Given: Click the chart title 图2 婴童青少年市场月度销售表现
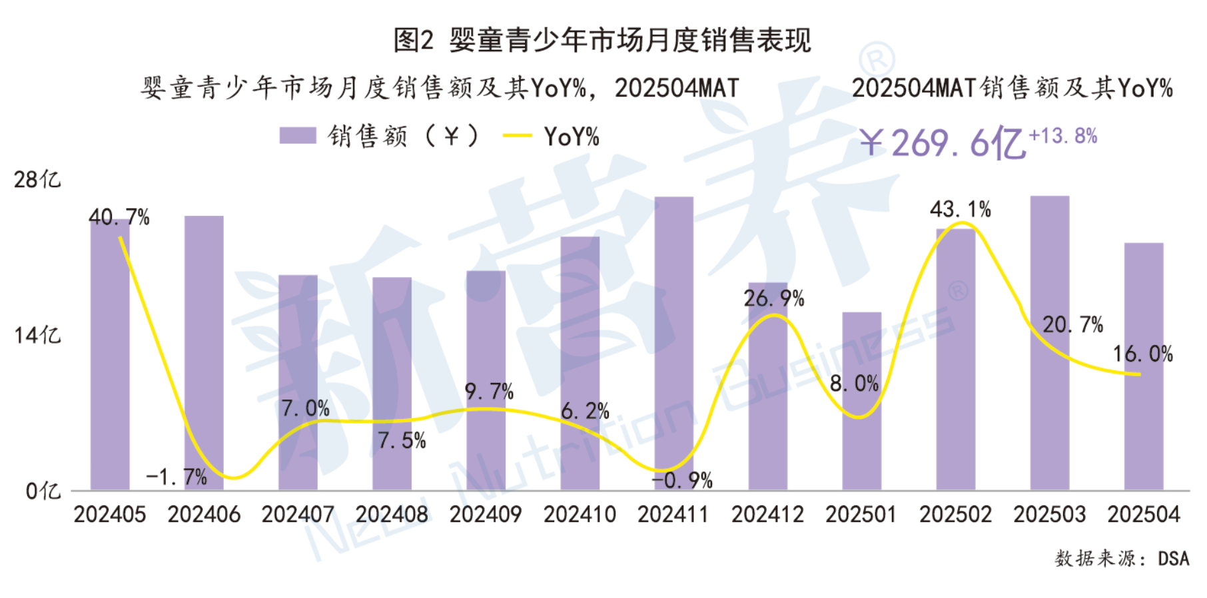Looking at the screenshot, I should [602, 40].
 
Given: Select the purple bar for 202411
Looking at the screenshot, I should [673, 343].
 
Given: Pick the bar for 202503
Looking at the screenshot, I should [1049, 343].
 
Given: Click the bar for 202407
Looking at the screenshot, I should [298, 382].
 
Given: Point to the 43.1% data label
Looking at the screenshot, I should [960, 210].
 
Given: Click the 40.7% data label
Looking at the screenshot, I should [119, 217].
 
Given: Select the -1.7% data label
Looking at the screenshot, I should [177, 477].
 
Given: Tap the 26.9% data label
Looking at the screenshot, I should [773, 298].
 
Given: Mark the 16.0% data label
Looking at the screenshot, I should [1142, 354].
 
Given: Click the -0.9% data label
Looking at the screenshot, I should [682, 480].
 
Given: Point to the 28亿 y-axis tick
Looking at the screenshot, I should [37, 179].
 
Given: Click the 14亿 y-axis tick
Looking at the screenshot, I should [37, 335].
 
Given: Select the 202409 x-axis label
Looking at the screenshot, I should [486, 515].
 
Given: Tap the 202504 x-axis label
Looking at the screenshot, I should [1143, 515].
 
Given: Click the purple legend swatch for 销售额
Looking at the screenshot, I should [297, 136].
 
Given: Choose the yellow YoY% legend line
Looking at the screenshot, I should [517, 137].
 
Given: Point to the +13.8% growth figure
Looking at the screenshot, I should [1062, 136].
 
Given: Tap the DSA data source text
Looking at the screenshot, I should [1173, 558].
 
